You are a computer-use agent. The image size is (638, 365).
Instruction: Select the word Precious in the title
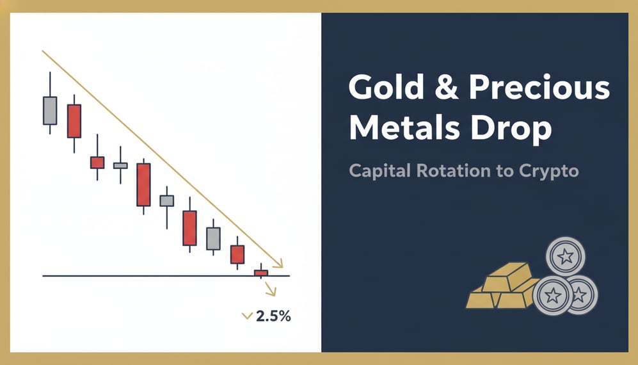[x=539, y=88]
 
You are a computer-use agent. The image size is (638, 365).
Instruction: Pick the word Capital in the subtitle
[x=381, y=171]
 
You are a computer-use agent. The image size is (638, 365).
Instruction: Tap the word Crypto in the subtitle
[x=548, y=172]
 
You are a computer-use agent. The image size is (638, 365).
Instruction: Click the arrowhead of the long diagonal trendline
[x=278, y=263]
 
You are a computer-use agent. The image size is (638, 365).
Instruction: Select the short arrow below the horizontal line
[x=271, y=291]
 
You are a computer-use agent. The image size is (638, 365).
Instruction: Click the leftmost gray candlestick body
[x=50, y=110]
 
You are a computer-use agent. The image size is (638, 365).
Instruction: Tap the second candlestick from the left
[x=74, y=120]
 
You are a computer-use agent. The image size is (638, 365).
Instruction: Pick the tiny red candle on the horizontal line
[x=260, y=273]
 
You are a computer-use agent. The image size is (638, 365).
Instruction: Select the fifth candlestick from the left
[x=143, y=184]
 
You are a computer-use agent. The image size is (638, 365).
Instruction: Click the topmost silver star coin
[x=566, y=257]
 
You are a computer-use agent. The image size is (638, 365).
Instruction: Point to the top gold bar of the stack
[x=507, y=275]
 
